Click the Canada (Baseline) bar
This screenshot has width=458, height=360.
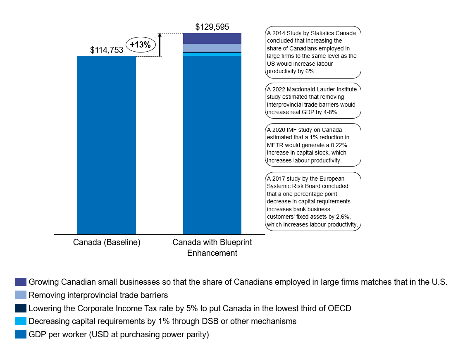(107, 145)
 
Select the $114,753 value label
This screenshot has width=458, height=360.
(107, 50)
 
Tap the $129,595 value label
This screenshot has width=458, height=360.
(212, 27)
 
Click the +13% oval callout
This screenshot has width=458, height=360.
(140, 45)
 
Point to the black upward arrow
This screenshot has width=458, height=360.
(160, 45)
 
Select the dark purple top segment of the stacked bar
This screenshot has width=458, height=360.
(212, 38)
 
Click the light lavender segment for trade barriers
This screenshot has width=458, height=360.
(212, 48)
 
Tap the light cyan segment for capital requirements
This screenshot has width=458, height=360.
(212, 54)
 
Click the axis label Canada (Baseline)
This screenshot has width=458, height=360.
(107, 243)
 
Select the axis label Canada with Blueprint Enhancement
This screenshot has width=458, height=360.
(212, 248)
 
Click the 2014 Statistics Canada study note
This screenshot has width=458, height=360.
(312, 52)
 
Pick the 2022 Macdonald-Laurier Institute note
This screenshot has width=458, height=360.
(312, 101)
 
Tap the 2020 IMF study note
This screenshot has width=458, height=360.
(312, 145)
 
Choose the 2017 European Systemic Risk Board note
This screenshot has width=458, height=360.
(312, 201)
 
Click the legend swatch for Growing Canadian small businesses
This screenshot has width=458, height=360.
(21, 282)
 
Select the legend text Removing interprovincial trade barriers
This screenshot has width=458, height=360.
(98, 295)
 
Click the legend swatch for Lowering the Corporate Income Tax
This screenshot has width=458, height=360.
(21, 308)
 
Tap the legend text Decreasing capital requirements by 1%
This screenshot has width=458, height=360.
(162, 321)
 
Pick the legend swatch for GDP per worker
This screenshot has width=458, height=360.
(21, 334)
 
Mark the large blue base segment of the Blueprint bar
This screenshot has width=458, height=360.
(212, 145)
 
